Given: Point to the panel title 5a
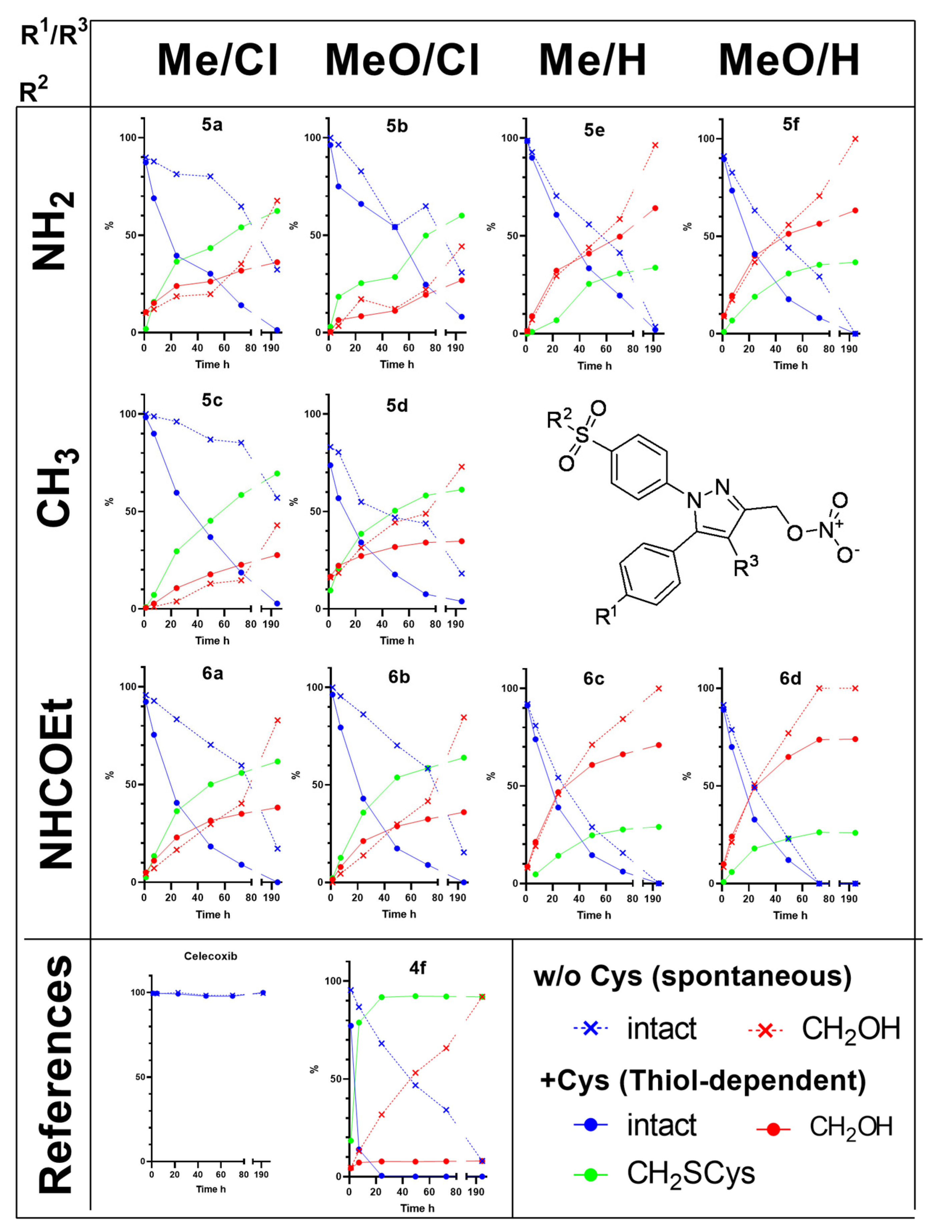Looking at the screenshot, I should coord(212,124).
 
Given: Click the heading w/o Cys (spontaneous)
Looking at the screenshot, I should coord(692,977).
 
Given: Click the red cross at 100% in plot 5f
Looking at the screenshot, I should coord(855,139).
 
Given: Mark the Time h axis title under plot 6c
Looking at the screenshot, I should coord(594,915).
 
